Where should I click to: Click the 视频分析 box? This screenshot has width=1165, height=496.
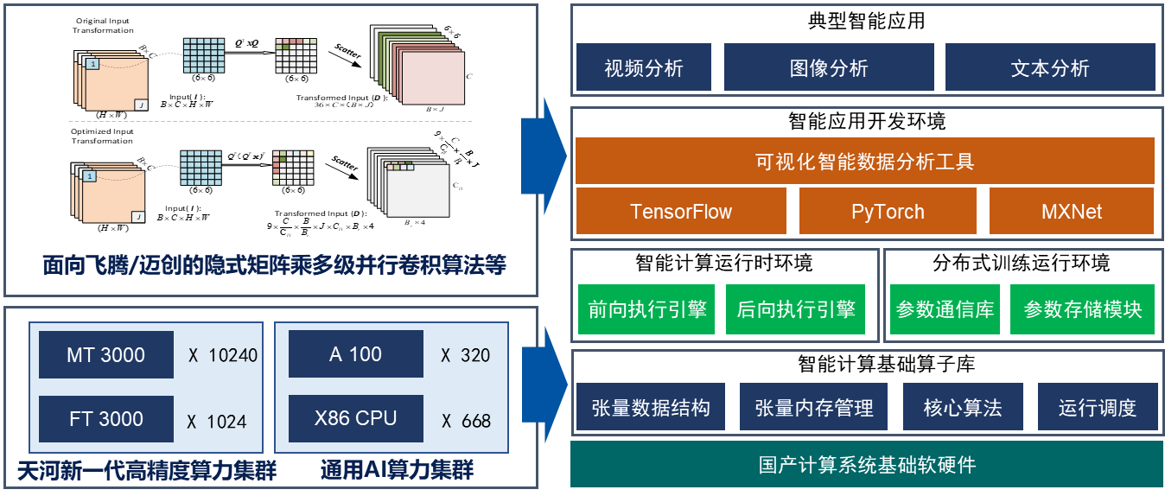click(x=644, y=67)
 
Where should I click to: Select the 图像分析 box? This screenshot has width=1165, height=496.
click(x=829, y=67)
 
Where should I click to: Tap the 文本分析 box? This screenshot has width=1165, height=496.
click(x=1050, y=67)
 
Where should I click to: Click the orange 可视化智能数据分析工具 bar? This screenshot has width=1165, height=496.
click(x=864, y=161)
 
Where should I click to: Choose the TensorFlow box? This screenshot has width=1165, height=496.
click(x=681, y=212)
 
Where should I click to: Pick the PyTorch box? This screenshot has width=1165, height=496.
click(x=888, y=212)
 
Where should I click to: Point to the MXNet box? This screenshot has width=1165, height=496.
click(x=1072, y=212)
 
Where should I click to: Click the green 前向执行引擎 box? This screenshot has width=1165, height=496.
click(x=647, y=309)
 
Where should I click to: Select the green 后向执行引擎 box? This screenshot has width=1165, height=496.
click(x=795, y=309)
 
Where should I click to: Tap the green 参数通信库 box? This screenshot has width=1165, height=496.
click(x=945, y=309)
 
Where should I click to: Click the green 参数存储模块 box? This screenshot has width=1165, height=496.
click(x=1082, y=309)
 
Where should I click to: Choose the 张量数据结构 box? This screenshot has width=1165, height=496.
click(x=651, y=408)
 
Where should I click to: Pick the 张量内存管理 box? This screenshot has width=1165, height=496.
click(x=813, y=408)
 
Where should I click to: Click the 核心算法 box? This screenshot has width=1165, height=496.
click(x=963, y=408)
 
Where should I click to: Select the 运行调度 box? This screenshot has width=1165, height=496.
click(x=1097, y=408)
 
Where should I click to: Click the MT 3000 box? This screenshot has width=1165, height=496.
click(x=106, y=354)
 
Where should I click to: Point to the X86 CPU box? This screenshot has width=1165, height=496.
click(x=356, y=419)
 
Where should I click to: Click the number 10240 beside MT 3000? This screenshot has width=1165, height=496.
click(x=232, y=355)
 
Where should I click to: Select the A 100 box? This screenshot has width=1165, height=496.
click(x=356, y=354)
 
